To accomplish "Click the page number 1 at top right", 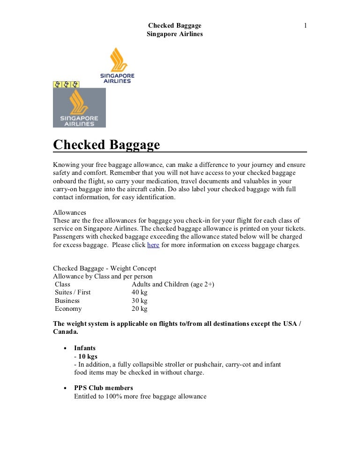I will [x=305, y=25].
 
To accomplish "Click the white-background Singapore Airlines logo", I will [x=118, y=65].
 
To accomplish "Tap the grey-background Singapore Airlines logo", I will [x=79, y=108].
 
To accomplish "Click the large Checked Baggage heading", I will [x=106, y=144].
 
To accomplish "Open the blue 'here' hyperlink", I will [x=153, y=245].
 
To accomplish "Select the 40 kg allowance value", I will [x=140, y=292].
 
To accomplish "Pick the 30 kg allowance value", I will [x=140, y=301].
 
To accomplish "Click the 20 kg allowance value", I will [x=140, y=308].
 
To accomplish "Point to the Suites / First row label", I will [x=73, y=292].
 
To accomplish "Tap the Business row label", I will [x=67, y=301].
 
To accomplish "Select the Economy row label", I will [x=68, y=308].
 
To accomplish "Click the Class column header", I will [x=62, y=284].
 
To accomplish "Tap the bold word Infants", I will [x=85, y=348].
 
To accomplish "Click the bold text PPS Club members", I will [x=104, y=388].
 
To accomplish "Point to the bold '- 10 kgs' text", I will [x=86, y=356].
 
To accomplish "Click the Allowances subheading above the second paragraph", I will [x=69, y=212].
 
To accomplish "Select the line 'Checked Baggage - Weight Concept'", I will [x=105, y=268].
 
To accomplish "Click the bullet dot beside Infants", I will [x=64, y=348].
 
